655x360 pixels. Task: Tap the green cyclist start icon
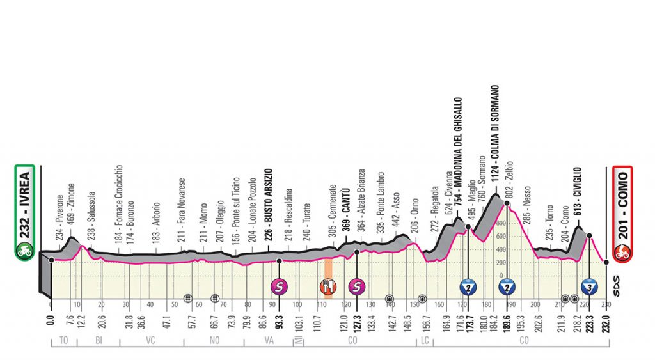tap(24, 251)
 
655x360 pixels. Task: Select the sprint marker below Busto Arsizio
tap(279, 286)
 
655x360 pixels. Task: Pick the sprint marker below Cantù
tap(356, 286)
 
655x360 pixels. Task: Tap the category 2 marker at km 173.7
tap(468, 286)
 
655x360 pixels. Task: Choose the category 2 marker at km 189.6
tap(507, 286)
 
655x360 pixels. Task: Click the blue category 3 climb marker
tap(589, 286)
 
